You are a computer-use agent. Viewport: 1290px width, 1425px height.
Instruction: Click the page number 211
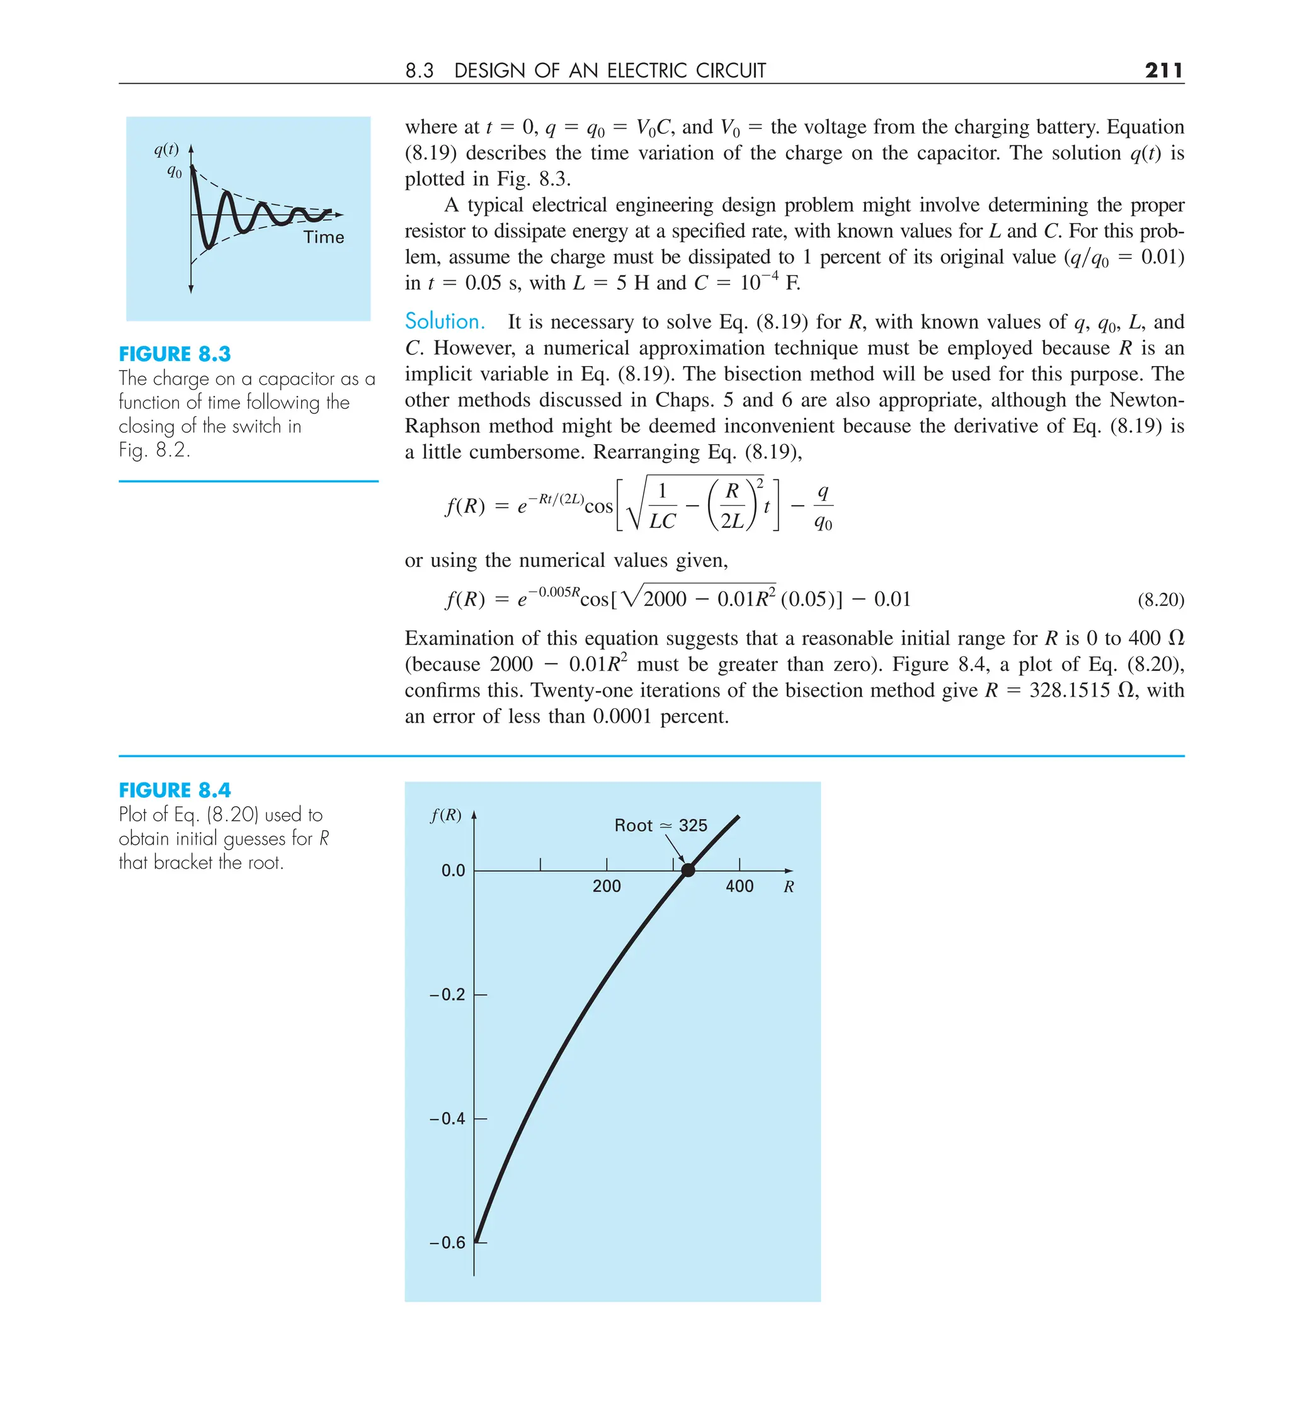(1163, 70)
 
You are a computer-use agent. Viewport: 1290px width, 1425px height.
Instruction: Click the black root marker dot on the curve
(688, 870)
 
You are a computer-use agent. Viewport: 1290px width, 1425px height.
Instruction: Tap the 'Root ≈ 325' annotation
(660, 826)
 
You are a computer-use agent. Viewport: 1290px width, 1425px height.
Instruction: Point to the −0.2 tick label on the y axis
(447, 995)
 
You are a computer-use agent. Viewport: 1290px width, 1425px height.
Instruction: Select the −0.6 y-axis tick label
(447, 1243)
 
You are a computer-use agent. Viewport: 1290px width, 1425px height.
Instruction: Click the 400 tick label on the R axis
(739, 886)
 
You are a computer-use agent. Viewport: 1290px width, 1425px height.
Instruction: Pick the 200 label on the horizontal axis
(607, 886)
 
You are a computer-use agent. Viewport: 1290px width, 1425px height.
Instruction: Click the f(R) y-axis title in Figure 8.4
(446, 815)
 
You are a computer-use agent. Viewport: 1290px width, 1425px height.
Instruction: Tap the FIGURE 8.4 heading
(174, 790)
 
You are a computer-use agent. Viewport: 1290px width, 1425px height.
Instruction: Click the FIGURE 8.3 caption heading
(174, 354)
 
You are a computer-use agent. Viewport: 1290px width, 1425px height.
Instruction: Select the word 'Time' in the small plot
(324, 237)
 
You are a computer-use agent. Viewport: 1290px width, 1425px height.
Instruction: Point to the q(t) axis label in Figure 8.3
(167, 149)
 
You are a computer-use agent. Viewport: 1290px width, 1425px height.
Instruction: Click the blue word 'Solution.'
(445, 322)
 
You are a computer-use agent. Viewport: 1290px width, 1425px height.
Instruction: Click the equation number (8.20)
(1161, 600)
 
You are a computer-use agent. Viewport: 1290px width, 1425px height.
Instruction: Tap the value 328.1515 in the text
(1070, 690)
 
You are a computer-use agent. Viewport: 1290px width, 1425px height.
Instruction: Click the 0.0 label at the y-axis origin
(453, 871)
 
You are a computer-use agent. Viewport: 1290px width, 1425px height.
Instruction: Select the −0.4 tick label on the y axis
(447, 1119)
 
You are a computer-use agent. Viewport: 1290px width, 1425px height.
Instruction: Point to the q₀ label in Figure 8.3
(174, 171)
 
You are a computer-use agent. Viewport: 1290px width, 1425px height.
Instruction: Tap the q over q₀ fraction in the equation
(823, 506)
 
